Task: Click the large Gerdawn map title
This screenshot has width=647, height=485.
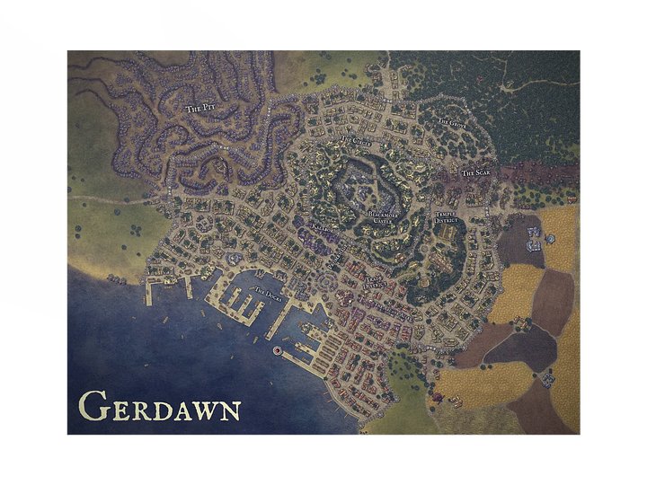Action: tap(159, 407)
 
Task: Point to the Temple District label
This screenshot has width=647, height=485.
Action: tap(447, 217)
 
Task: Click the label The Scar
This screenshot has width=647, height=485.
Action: tap(475, 172)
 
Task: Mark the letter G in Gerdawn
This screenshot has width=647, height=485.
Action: tap(90, 406)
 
